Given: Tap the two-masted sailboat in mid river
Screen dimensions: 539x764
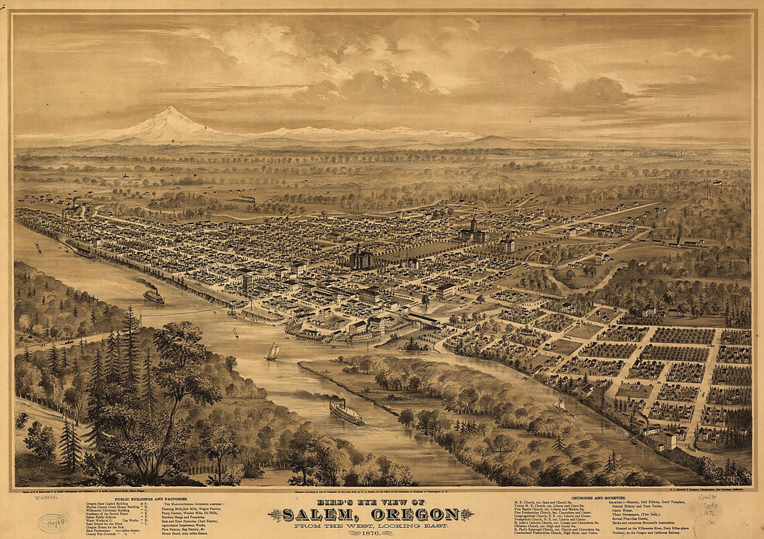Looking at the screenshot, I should point(272,352).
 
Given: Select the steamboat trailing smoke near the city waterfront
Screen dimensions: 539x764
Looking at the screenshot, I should point(154,296).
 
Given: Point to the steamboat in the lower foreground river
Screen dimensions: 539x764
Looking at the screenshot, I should point(346,412).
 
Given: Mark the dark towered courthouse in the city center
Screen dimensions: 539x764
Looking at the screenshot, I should point(361,257).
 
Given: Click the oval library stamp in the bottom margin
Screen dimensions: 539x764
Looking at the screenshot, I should point(53,522).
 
